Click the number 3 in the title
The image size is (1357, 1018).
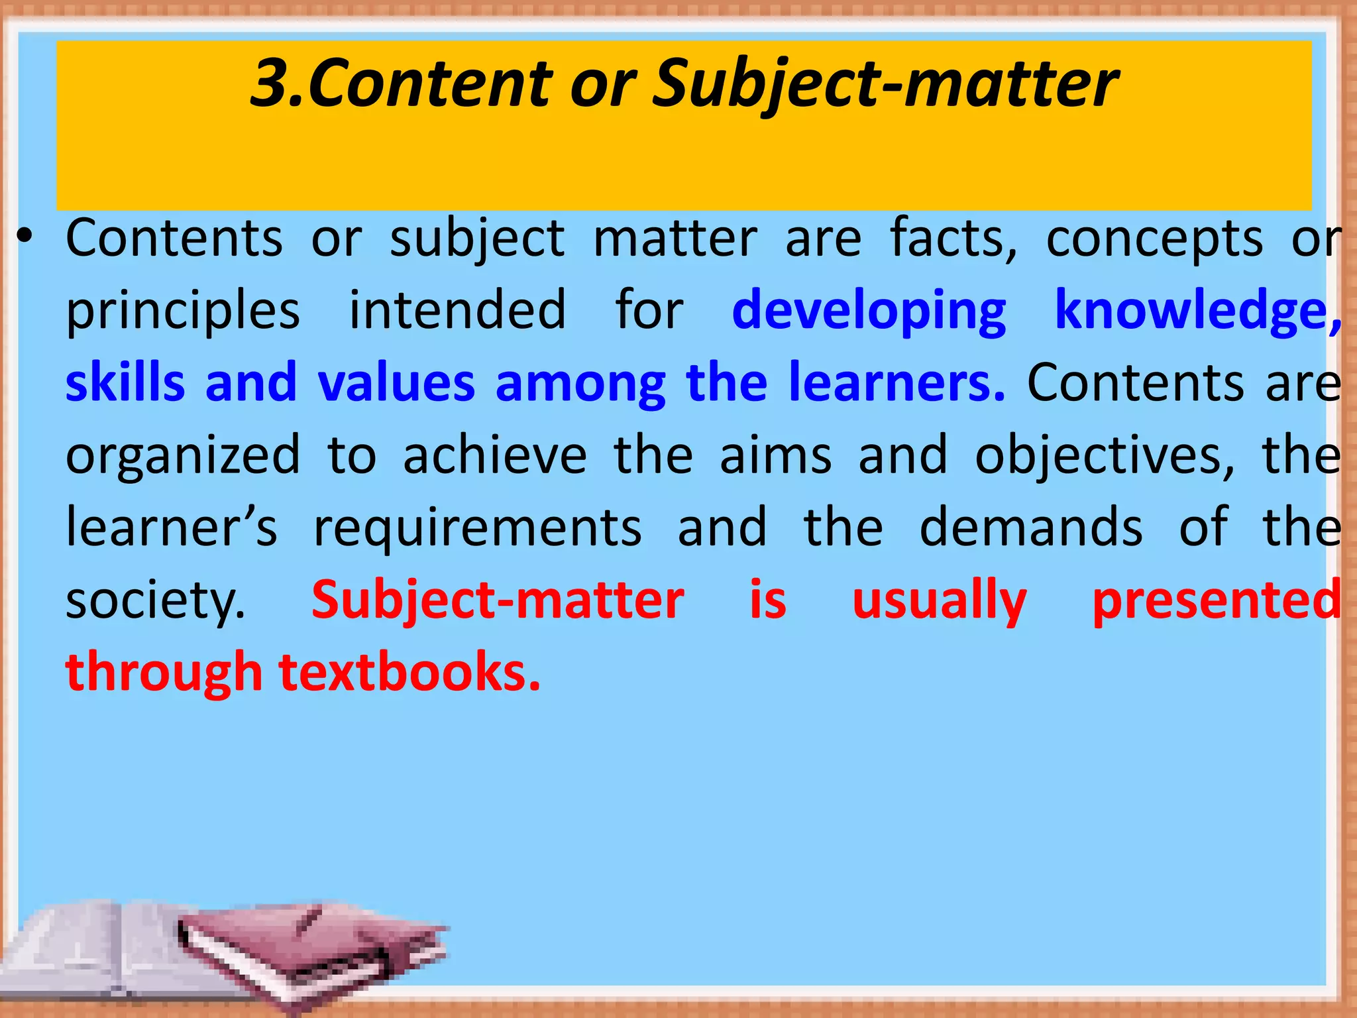(274, 84)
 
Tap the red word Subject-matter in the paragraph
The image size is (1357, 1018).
(498, 600)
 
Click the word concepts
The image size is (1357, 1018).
(1154, 239)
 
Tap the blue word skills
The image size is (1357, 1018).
(125, 383)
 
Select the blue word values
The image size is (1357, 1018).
(396, 383)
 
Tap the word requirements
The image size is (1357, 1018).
(477, 529)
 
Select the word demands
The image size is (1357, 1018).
(1031, 528)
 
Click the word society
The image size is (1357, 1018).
(155, 601)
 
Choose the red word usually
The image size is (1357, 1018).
(939, 601)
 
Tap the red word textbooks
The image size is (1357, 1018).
(409, 672)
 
